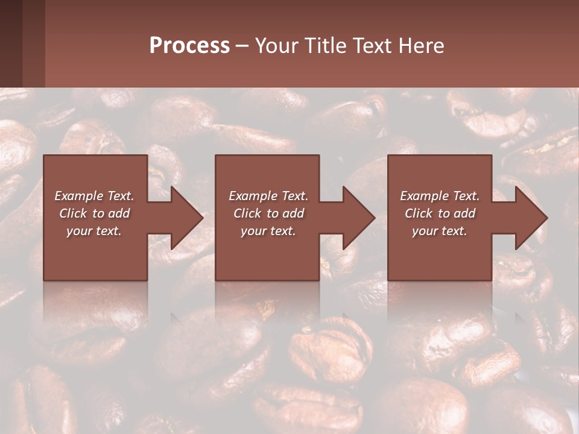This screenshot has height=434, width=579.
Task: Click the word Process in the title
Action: click(x=189, y=46)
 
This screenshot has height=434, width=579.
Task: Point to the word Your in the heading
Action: click(x=277, y=46)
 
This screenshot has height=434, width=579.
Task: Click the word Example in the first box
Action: click(x=78, y=196)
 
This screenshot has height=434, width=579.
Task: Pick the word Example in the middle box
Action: click(x=253, y=196)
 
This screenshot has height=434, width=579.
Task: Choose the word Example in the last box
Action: click(x=424, y=196)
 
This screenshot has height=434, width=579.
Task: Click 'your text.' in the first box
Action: click(x=94, y=231)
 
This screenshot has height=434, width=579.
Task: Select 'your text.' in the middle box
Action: click(x=268, y=231)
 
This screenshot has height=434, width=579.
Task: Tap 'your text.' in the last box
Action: click(x=440, y=231)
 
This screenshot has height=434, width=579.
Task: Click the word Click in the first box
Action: click(x=73, y=213)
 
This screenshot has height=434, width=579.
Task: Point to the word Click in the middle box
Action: click(x=247, y=213)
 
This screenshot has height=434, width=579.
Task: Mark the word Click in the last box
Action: click(x=419, y=213)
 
